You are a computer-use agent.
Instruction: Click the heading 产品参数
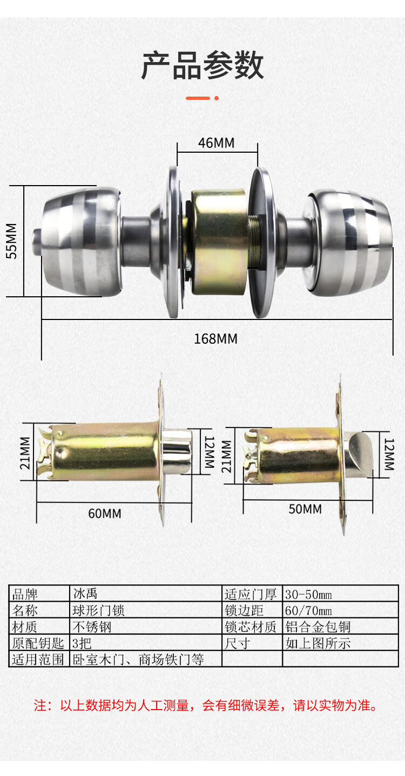click(202, 66)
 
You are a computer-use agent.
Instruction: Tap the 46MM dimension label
click(217, 142)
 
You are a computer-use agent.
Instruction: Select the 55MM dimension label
click(12, 241)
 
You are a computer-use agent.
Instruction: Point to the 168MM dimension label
click(215, 339)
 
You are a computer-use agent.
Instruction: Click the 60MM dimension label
click(105, 513)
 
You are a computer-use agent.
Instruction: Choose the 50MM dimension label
click(305, 509)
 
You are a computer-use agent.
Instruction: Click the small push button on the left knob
click(36, 242)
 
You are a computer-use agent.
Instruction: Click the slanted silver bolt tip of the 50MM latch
click(359, 454)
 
